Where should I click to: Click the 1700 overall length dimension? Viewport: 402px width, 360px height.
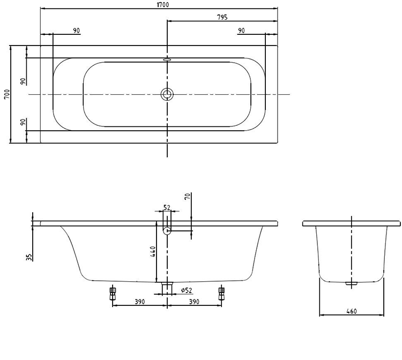click(159, 4)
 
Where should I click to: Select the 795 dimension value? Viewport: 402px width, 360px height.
click(222, 17)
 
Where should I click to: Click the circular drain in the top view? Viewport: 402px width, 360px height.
click(167, 94)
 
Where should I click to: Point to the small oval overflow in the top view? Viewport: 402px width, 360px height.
click(167, 60)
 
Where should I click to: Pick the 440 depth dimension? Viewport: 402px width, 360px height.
click(153, 252)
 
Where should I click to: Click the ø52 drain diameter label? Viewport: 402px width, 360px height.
click(186, 290)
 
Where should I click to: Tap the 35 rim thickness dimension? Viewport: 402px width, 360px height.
click(29, 256)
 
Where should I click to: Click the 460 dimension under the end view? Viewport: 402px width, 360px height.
click(352, 311)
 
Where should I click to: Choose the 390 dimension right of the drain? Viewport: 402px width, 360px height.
click(193, 302)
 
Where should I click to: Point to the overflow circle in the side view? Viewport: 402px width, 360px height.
click(167, 231)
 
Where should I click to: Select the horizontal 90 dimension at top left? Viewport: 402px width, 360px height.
click(77, 31)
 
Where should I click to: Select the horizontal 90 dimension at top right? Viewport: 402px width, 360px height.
click(241, 31)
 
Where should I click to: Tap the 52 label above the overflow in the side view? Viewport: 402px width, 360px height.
click(166, 207)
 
